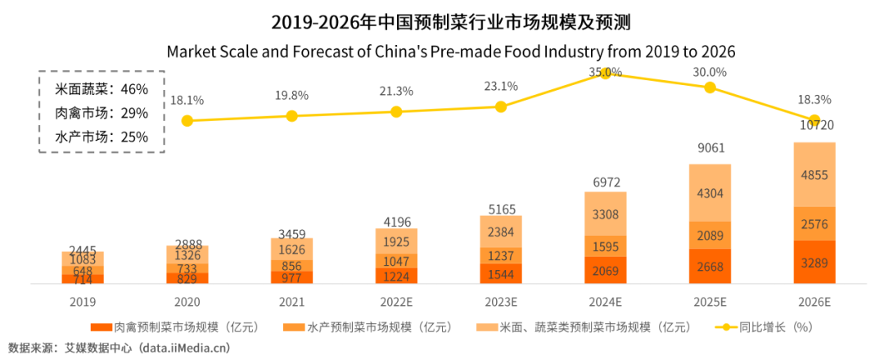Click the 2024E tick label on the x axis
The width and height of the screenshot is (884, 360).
click(x=606, y=301)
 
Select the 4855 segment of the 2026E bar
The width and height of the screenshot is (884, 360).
click(x=815, y=175)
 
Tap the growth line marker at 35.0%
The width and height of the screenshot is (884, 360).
click(x=606, y=74)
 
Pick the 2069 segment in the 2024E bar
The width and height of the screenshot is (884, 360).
click(x=606, y=270)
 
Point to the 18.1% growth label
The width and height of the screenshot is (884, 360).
click(x=187, y=100)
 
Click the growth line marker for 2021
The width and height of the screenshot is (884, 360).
click(x=291, y=116)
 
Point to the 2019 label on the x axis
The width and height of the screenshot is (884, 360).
click(x=82, y=301)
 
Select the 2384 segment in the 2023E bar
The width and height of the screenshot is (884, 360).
click(x=501, y=231)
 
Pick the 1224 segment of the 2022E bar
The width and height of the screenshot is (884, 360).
click(x=396, y=276)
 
